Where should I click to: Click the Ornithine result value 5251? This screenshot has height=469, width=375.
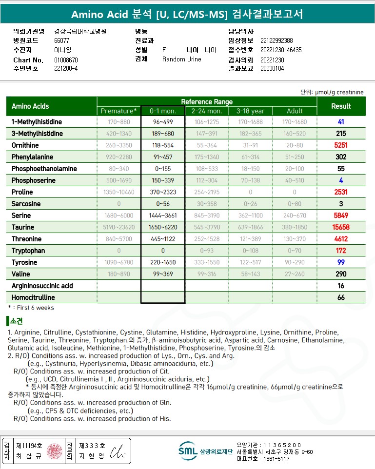point(341,145)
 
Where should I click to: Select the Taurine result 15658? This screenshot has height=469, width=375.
point(341,227)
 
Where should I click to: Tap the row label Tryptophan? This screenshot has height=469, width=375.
point(28,251)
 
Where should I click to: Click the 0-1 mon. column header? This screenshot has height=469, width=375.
point(163,111)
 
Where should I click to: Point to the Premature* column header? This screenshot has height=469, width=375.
point(118,111)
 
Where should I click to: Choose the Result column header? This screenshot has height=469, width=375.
point(341,106)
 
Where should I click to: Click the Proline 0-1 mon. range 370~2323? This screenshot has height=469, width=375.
point(163,192)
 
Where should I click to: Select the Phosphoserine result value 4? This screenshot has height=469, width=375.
point(341,180)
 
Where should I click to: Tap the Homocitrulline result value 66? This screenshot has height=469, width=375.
point(341,297)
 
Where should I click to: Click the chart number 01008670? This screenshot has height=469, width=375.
point(66,60)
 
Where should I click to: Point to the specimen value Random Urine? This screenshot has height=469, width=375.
point(181,59)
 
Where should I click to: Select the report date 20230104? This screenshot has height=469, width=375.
point(272,69)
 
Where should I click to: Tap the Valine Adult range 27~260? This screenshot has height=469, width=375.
point(295,274)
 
